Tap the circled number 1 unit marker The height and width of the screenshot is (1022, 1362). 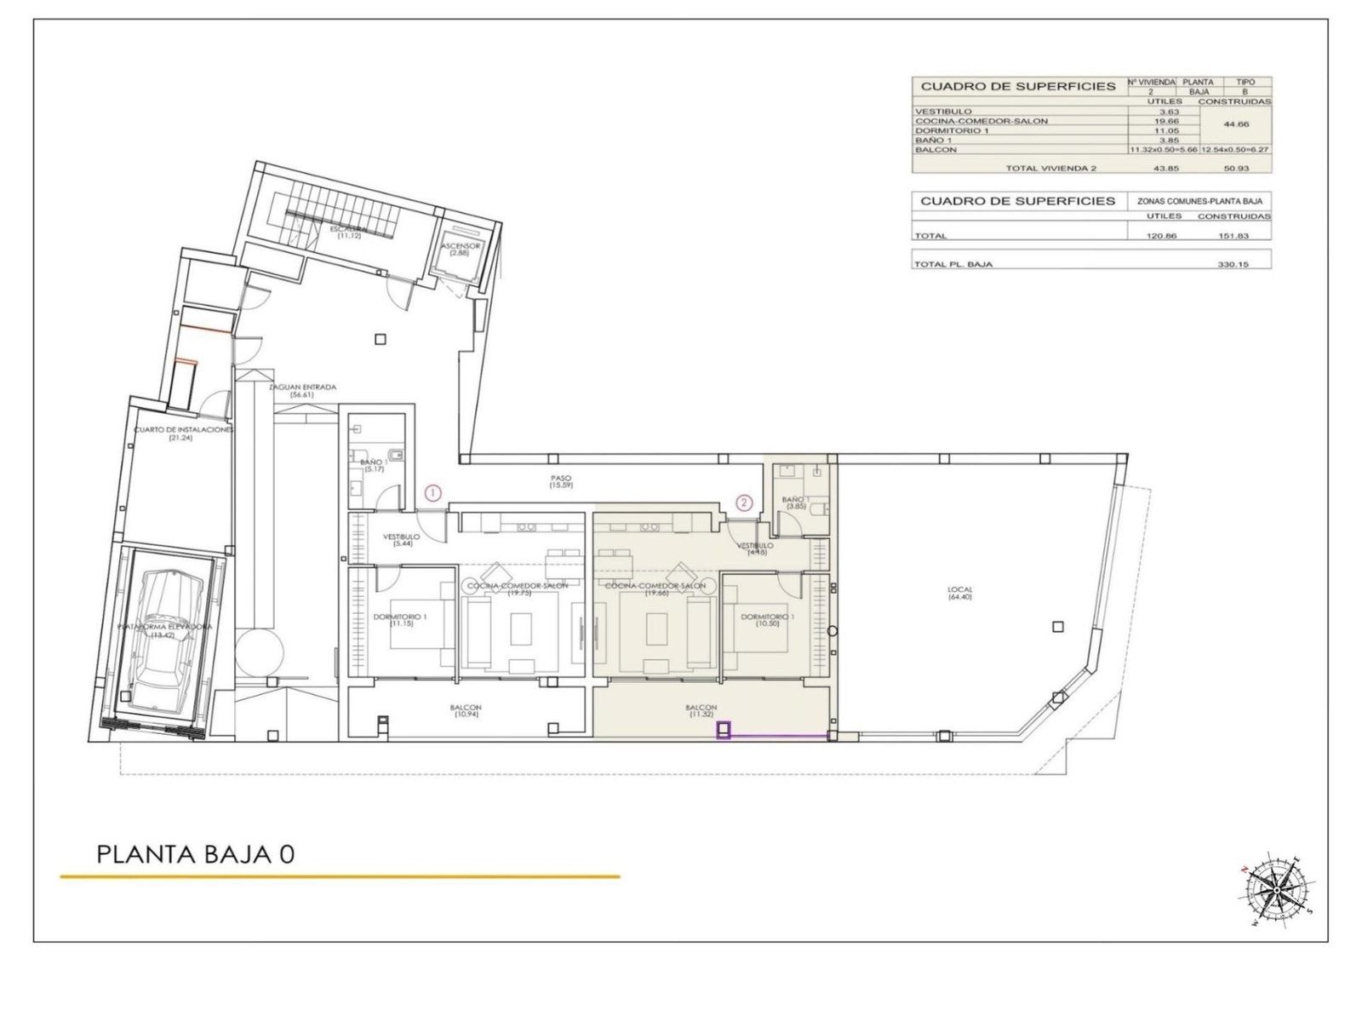433,492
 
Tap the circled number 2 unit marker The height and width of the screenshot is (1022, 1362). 745,502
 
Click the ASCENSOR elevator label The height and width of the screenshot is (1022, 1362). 461,249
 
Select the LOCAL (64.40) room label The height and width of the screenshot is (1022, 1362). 960,593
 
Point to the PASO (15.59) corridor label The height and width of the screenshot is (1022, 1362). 561,481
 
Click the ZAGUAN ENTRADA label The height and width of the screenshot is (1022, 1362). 302,390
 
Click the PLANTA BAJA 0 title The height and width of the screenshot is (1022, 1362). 196,854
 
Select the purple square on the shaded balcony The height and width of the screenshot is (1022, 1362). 724,730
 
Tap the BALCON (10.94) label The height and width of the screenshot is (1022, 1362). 466,710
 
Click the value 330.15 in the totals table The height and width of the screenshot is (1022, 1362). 1233,264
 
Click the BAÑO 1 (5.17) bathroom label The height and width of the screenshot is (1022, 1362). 372,465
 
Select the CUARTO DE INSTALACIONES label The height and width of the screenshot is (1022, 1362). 183,433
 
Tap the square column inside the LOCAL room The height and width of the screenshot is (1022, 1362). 1057,627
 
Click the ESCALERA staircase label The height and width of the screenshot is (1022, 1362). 349,232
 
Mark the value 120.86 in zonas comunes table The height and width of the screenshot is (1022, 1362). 1162,236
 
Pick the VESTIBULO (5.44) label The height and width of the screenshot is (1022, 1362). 401,540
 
